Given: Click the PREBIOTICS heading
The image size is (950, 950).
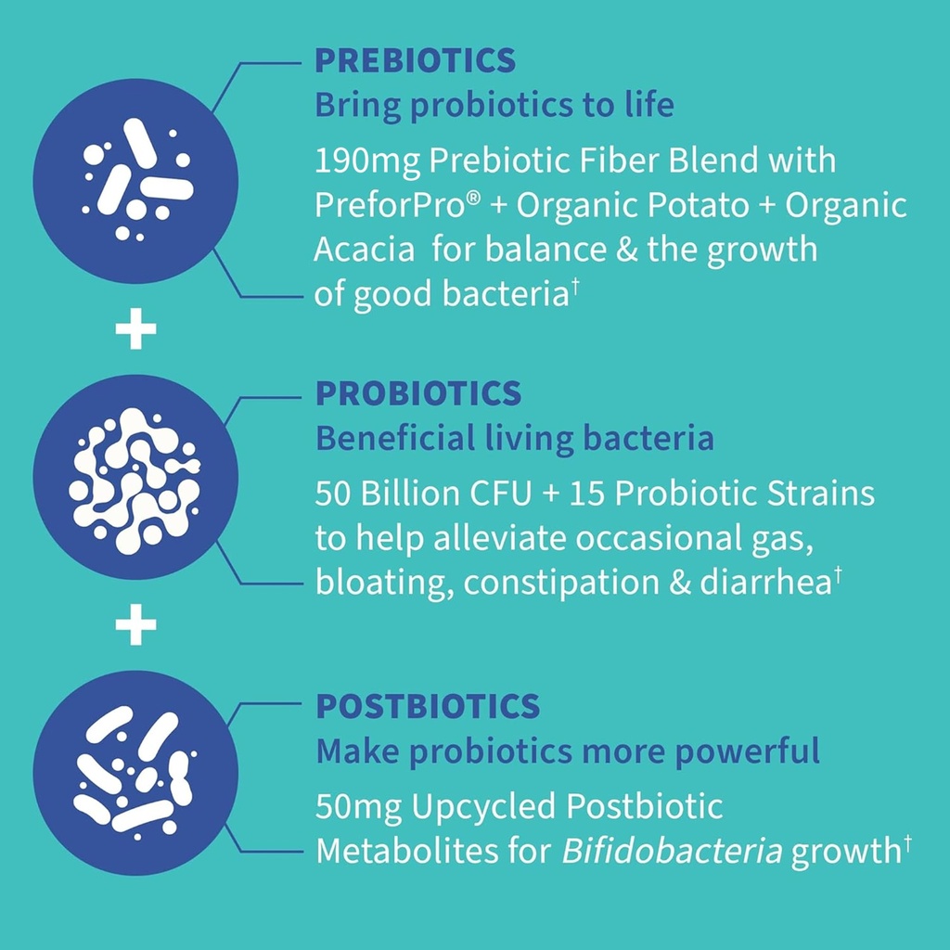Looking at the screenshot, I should [x=415, y=61].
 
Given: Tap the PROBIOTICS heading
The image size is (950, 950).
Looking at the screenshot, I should [x=418, y=393].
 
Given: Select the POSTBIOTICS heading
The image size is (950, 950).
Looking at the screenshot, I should [x=428, y=707].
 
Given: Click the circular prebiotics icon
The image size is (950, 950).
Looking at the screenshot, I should [x=135, y=181].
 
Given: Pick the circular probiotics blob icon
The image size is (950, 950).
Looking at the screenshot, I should [x=135, y=478].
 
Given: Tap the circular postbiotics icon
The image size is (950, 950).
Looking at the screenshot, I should [x=135, y=773].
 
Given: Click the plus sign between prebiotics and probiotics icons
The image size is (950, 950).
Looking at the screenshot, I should [x=135, y=331].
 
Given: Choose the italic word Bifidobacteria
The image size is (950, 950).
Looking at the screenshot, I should [x=672, y=852].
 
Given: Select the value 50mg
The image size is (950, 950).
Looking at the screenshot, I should [x=357, y=807].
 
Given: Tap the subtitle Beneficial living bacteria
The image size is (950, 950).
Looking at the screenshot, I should [x=515, y=439].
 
